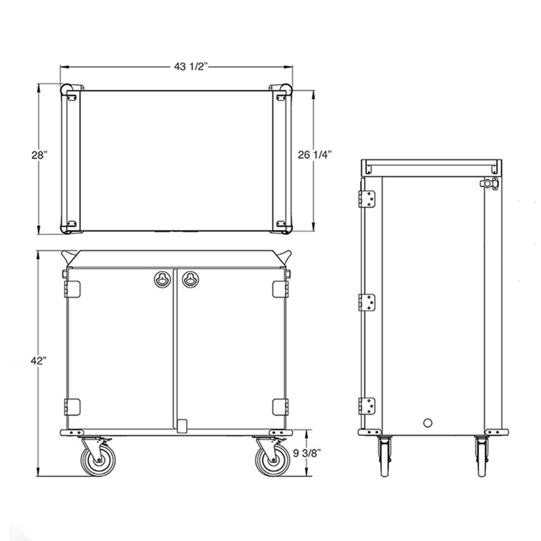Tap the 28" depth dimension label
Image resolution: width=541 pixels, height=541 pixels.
tap(39, 155)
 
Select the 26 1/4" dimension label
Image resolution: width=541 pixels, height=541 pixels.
tap(315, 155)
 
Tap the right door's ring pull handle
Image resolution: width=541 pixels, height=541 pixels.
tap(189, 279)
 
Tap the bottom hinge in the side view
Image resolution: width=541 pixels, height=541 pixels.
tap(367, 405)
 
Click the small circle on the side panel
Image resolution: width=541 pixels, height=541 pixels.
tap(428, 422)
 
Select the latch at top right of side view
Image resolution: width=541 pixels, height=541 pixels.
tap(491, 184)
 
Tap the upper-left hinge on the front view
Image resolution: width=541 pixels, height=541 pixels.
tap(72, 288)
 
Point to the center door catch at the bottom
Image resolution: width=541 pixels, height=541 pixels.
tap(183, 425)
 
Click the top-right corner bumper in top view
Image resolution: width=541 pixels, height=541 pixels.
tap(282, 90)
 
